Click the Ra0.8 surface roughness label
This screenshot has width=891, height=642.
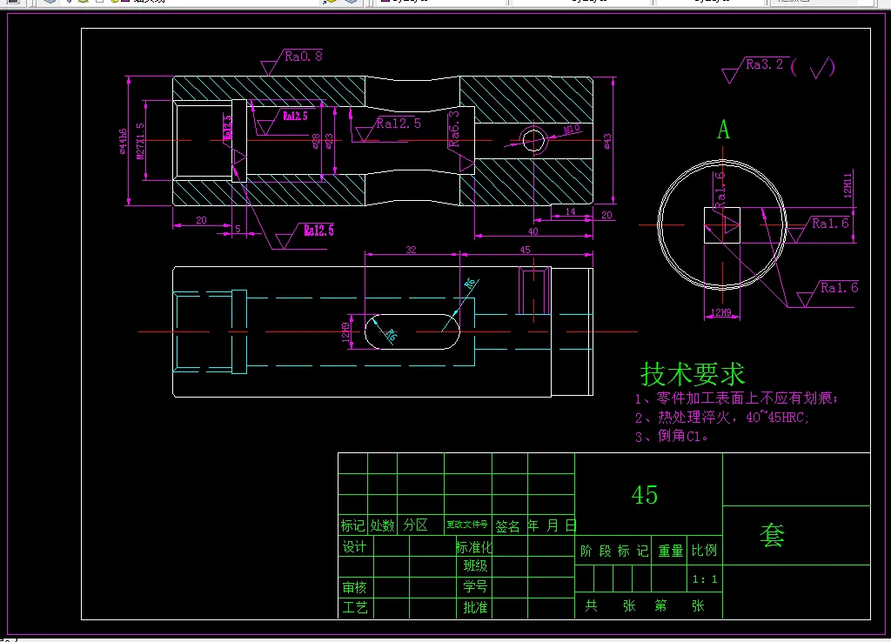click(304, 57)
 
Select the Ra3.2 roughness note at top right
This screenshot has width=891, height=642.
click(765, 64)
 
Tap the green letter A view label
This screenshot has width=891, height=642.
click(723, 130)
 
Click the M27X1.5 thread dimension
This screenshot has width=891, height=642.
click(140, 141)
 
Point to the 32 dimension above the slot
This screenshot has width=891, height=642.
click(411, 250)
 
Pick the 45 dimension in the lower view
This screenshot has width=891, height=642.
click(525, 250)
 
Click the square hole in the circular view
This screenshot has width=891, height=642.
click(721, 225)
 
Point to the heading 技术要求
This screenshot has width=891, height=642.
click(693, 375)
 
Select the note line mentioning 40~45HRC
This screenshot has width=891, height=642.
click(721, 418)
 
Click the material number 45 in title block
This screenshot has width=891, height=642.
click(645, 495)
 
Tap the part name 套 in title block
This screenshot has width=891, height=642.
click(772, 536)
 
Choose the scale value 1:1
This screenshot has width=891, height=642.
click(704, 578)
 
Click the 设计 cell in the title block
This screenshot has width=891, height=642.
click(354, 547)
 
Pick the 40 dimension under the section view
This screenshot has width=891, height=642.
click(533, 231)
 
